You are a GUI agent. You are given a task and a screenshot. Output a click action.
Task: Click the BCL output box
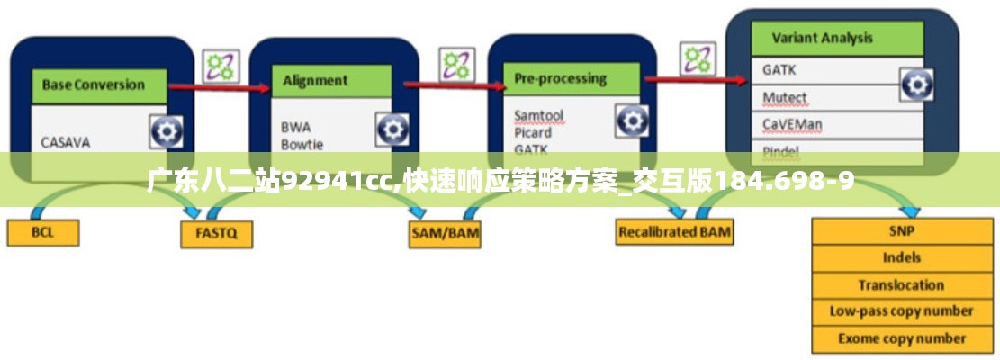tap(43, 233)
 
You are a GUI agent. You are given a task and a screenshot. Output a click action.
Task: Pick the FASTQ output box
tap(216, 234)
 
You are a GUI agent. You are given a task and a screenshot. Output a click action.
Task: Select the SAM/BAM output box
tap(445, 233)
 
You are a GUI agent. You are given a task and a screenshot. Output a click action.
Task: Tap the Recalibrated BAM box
tap(674, 232)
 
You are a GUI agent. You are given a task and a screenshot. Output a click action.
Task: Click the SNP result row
tap(902, 230)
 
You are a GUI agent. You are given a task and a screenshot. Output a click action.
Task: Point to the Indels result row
tap(902, 257)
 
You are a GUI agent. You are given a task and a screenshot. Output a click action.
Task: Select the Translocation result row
tap(902, 284)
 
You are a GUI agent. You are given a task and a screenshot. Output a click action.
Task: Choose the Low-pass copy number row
tap(902, 311)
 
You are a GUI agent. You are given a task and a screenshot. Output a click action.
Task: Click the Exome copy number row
tap(902, 339)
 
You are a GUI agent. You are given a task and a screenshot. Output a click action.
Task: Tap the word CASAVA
tap(66, 142)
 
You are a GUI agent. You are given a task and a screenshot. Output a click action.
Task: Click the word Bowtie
tap(302, 144)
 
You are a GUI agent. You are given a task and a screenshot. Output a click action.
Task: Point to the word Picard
tap(533, 132)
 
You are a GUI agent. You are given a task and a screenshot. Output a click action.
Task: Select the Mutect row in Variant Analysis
tap(785, 97)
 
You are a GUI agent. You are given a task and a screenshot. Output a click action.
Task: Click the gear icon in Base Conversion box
tap(167, 132)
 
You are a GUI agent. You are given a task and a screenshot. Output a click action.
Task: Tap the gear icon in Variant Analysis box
tap(916, 85)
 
